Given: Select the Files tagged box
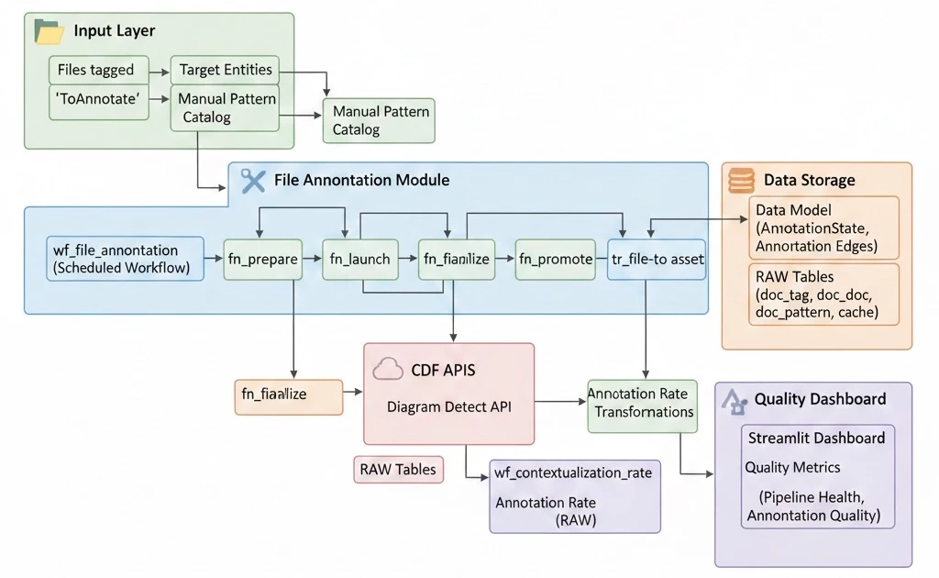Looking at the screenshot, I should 96,70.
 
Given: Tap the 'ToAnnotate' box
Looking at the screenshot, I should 98,100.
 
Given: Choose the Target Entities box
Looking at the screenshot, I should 226,70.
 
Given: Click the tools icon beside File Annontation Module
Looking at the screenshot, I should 252,181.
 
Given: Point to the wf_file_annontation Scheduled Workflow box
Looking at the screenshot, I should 125,259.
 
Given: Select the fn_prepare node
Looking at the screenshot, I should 262,260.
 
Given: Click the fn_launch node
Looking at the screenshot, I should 359,260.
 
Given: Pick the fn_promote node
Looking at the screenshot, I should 555,260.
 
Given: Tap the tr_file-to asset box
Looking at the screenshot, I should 657,260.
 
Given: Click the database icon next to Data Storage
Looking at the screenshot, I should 740,181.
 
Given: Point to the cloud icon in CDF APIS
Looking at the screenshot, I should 388,370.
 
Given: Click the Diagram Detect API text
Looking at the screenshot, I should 448,406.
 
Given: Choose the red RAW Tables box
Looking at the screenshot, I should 398,469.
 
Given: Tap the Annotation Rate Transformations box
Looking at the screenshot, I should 642,404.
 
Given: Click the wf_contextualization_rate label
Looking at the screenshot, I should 573,472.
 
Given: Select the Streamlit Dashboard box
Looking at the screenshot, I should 816,438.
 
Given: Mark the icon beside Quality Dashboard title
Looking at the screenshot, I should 735,399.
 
